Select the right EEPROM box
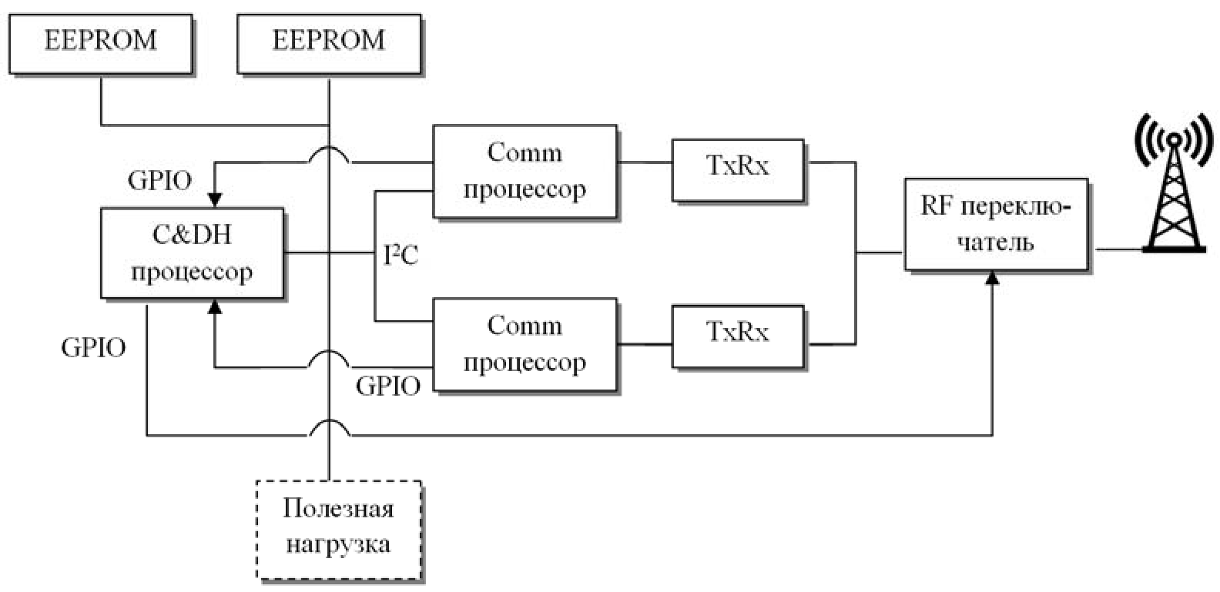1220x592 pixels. (329, 43)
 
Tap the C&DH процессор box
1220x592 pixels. (192, 253)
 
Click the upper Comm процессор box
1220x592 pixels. (525, 171)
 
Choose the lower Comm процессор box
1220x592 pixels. (525, 344)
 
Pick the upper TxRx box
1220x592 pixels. (738, 168)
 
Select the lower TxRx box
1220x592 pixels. (738, 334)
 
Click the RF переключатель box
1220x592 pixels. (996, 224)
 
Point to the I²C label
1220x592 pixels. (401, 255)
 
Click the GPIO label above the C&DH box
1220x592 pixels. (160, 181)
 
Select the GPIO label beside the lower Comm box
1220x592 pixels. (388, 386)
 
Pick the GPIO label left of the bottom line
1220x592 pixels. (93, 348)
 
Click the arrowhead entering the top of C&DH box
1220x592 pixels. (215, 199)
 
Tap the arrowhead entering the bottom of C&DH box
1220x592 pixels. (215, 306)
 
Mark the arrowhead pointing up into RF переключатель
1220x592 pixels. (993, 278)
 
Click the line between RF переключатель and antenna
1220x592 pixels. (1118, 249)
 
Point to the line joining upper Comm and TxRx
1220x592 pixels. (644, 162)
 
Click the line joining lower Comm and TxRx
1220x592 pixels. (644, 343)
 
